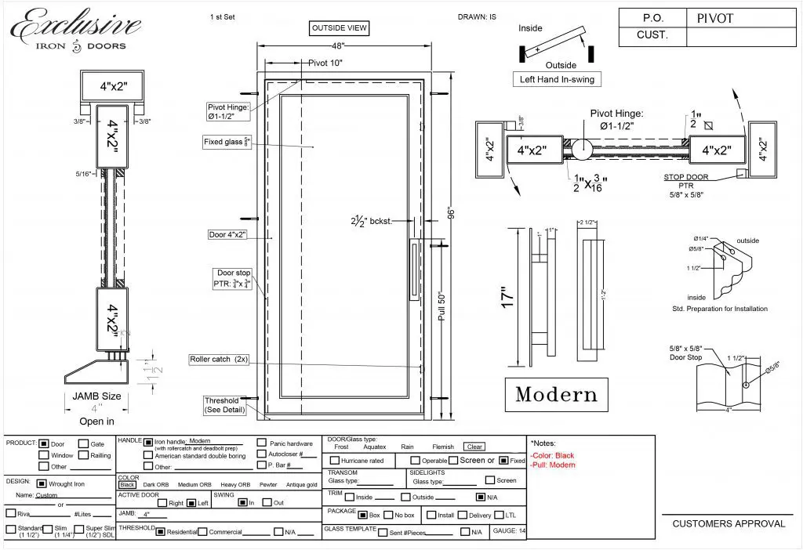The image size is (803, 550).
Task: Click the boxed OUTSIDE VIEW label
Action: click(340, 28)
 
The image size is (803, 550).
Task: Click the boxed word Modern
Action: click(556, 395)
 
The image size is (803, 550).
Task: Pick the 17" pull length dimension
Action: click(507, 297)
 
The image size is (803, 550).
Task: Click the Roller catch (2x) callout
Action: click(219, 360)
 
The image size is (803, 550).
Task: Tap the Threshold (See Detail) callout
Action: click(226, 405)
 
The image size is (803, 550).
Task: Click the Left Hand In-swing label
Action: click(558, 79)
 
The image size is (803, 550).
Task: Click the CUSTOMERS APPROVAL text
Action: click(728, 523)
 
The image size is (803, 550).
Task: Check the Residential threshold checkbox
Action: click(160, 532)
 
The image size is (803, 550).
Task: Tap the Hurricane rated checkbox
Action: click(335, 461)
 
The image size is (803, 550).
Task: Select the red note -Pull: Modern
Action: click(553, 465)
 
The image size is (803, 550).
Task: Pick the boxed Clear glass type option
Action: click(474, 447)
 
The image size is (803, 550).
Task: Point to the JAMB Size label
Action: click(96, 396)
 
